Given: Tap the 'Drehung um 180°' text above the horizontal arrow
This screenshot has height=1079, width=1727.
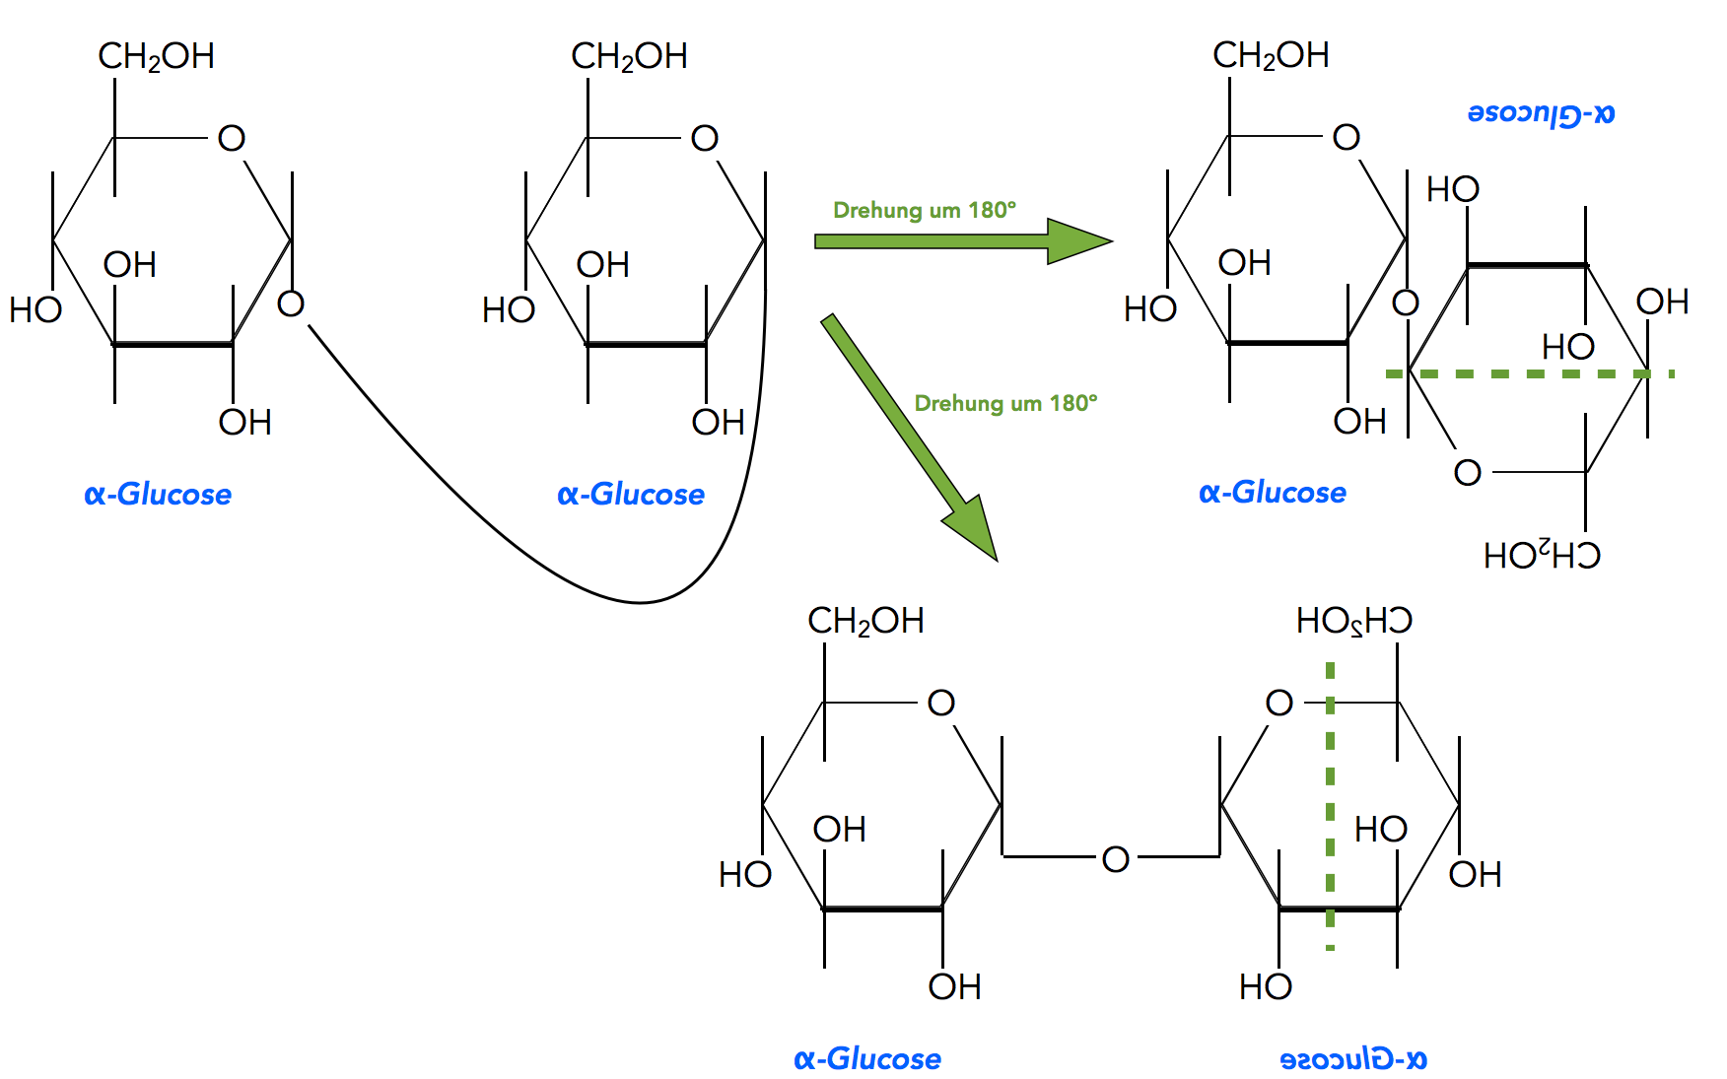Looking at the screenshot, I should [x=924, y=210].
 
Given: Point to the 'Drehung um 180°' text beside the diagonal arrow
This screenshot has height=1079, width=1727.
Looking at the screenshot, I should [x=1005, y=403].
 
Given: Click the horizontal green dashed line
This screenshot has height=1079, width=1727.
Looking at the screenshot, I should [x=1528, y=374].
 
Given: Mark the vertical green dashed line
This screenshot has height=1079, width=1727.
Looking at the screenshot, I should [x=1330, y=808].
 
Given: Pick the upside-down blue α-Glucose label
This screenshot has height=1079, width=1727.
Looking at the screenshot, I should [x=1541, y=113].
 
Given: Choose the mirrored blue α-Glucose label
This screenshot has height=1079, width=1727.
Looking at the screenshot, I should [x=1352, y=1059].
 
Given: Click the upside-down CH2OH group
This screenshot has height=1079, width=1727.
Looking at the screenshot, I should [x=1542, y=556].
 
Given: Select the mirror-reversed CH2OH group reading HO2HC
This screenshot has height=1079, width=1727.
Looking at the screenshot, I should [x=1353, y=621].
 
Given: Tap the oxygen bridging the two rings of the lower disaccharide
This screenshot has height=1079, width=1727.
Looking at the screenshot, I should [x=1115, y=859].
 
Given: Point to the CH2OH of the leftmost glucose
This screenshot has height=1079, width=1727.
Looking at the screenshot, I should [x=156, y=56].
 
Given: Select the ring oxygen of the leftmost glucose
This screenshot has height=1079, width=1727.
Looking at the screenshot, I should [x=231, y=138].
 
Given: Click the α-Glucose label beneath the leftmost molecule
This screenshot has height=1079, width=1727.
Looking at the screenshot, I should [x=158, y=494].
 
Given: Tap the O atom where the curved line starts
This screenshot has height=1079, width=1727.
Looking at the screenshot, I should [x=291, y=303].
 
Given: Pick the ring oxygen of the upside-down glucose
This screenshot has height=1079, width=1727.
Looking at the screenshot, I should [x=1467, y=473].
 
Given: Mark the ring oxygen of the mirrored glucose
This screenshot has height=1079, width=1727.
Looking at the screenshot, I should [x=1278, y=703].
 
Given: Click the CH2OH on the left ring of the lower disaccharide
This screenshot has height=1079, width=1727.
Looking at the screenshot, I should [x=865, y=621].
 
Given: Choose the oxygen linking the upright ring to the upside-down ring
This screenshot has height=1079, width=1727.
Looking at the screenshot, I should [x=1405, y=303].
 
